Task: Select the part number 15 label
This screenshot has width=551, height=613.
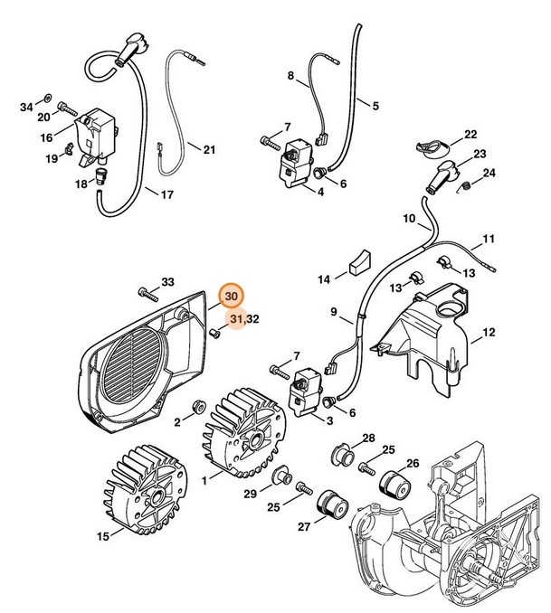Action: point(104,537)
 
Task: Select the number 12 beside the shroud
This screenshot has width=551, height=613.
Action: point(489,334)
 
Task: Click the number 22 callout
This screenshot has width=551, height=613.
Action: point(470,135)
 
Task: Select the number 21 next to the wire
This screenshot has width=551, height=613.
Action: point(209,149)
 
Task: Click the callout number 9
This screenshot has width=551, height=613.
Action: point(334,314)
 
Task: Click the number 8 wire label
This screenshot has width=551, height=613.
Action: point(291,77)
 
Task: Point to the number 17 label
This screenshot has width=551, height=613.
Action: point(166,193)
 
